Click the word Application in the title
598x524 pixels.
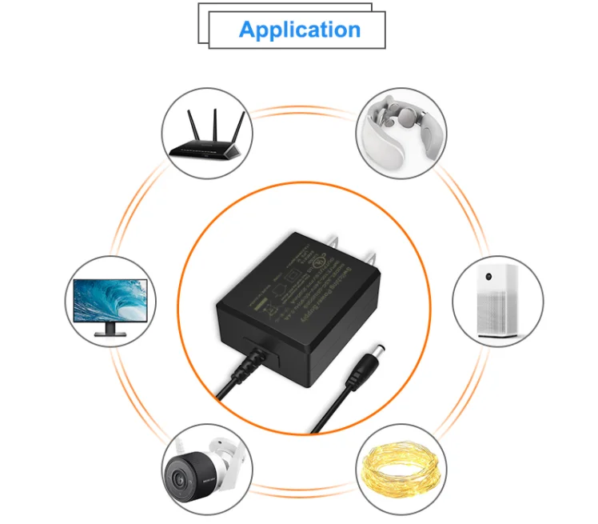299,30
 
